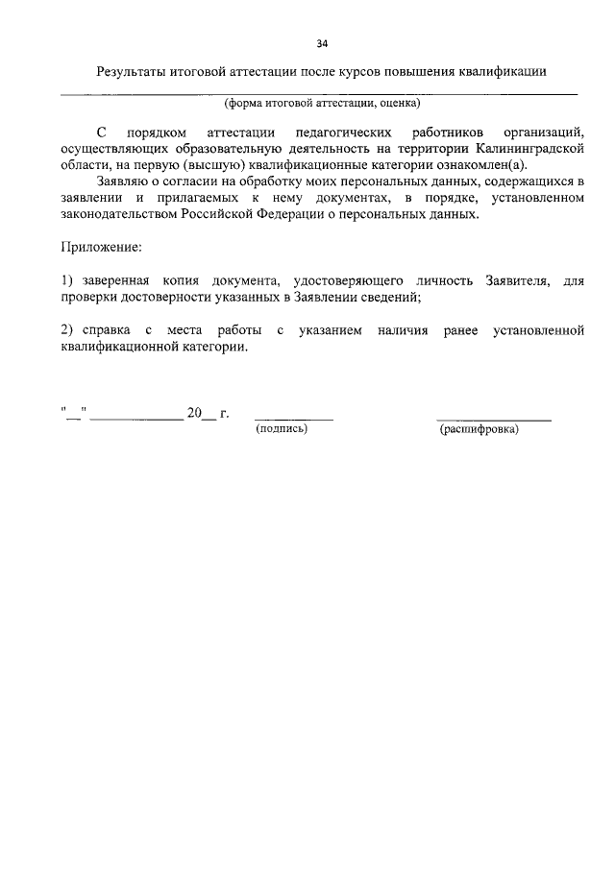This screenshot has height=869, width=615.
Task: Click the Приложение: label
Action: [101, 248]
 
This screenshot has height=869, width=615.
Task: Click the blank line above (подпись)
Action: [293, 419]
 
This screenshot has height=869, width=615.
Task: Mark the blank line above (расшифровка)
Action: [494, 419]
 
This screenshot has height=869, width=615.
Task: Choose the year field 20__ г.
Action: [208, 414]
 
